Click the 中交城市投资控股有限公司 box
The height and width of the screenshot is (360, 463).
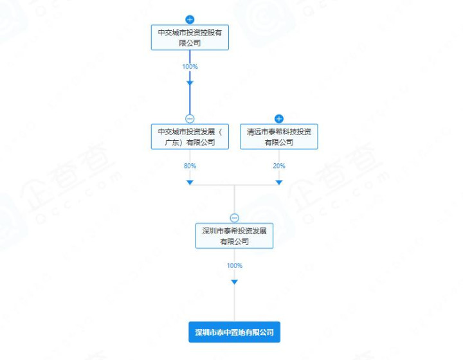(190, 37)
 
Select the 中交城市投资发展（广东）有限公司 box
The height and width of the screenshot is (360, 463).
(190, 137)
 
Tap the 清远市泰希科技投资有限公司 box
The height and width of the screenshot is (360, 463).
(279, 137)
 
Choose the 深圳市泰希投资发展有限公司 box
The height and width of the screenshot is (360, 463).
(235, 236)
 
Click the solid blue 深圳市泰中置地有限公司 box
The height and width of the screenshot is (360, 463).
(235, 332)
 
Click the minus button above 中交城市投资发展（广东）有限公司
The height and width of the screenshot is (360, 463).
(190, 119)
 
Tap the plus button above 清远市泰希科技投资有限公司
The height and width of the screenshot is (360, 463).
(279, 119)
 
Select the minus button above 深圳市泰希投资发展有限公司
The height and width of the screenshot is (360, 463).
(235, 218)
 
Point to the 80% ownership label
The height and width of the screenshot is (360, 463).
(190, 166)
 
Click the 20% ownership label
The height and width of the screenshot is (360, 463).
(279, 166)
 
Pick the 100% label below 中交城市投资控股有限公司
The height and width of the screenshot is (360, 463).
(190, 67)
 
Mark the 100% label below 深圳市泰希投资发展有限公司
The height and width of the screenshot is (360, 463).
(235, 265)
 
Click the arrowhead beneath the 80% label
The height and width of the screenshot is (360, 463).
(190, 183)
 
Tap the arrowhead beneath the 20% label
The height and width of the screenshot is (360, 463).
(279, 183)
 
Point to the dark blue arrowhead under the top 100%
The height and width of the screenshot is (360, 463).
(190, 83)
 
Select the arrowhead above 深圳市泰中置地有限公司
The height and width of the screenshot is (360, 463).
(235, 282)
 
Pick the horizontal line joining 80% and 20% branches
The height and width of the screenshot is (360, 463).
(235, 185)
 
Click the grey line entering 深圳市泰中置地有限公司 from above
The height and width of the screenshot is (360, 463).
(235, 303)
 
